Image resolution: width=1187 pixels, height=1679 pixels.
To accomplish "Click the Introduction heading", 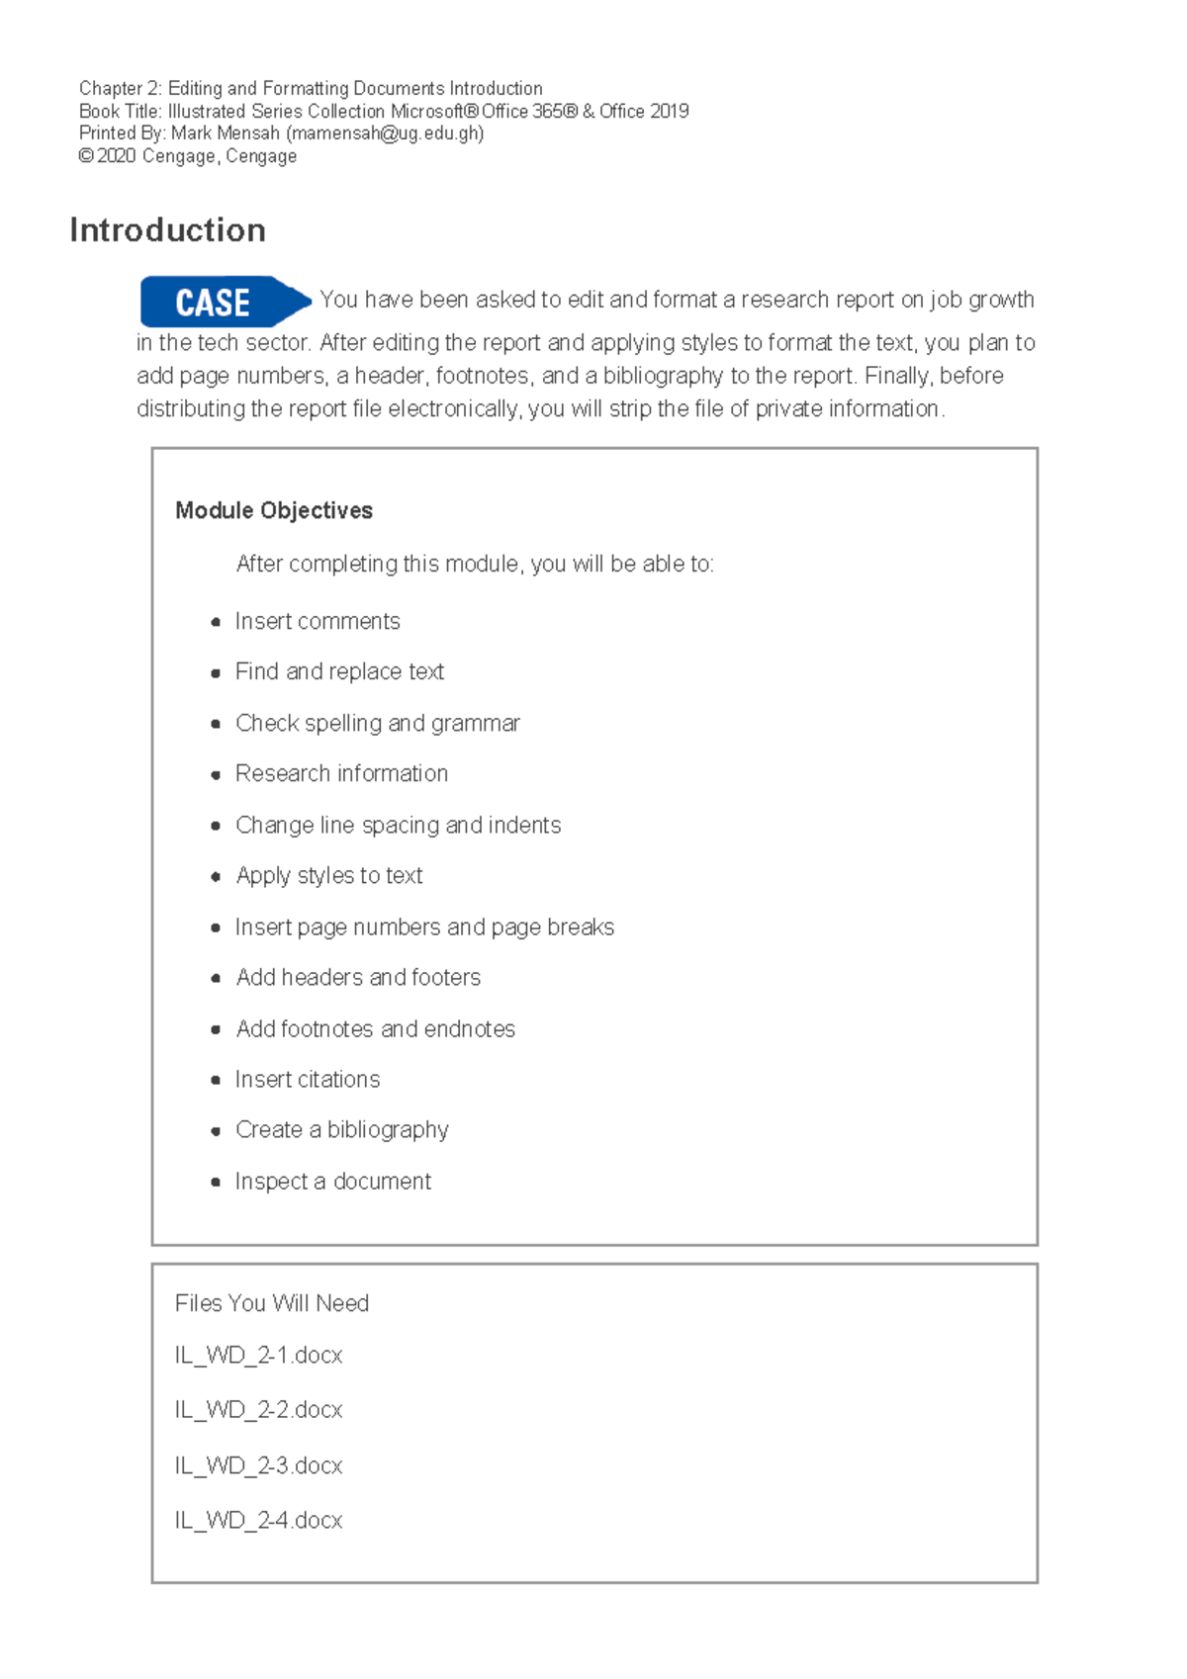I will pos(167,230).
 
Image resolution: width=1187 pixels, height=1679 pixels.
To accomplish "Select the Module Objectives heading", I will pos(273,510).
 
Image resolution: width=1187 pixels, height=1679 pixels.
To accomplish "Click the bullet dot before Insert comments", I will pos(216,622).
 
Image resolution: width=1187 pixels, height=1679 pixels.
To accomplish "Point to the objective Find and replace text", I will pos(339,671).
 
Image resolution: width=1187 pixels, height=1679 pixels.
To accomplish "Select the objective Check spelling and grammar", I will pos(377,723).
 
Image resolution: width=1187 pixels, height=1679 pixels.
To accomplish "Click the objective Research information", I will pos(341,773).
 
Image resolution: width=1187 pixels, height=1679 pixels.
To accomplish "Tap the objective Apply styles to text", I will pos(328,875).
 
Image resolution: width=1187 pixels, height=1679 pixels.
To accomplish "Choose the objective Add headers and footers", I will pos(358,977).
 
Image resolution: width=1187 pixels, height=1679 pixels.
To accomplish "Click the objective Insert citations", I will pos(307,1079).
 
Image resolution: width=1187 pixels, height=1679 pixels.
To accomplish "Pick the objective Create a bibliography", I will pos(341,1129).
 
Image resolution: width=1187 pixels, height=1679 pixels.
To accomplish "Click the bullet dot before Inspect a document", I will pos(216,1182).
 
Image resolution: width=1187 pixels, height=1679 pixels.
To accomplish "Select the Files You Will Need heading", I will pos(271,1303).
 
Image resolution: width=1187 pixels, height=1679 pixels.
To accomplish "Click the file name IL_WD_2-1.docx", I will pos(258,1355).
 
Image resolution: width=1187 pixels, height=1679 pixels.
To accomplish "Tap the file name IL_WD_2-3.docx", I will pos(258,1465).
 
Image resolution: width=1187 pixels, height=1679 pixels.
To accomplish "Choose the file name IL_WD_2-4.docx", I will pos(258,1520).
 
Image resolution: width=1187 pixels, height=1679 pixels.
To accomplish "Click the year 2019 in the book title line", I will pos(670,112).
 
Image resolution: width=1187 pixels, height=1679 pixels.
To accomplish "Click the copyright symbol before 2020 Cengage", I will pos(86,156).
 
